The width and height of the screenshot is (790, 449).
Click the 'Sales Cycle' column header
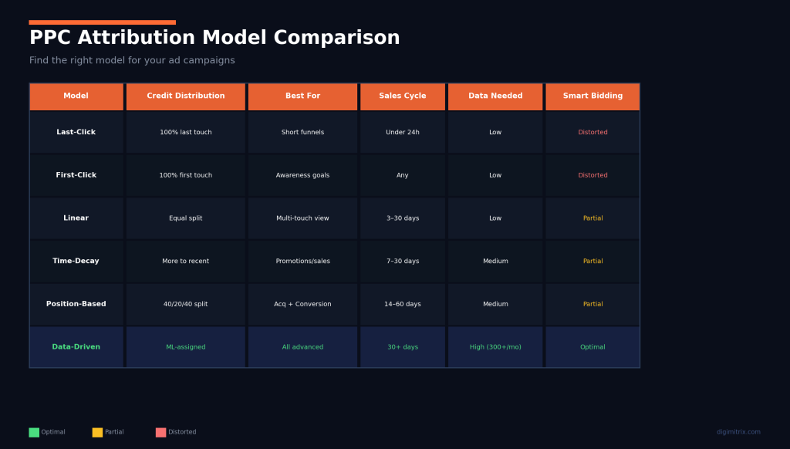click(403, 96)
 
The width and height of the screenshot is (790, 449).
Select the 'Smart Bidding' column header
click(592, 96)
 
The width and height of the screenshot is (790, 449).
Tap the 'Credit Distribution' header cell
click(186, 96)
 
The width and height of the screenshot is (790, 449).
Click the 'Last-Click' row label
click(76, 133)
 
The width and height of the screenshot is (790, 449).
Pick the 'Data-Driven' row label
click(76, 347)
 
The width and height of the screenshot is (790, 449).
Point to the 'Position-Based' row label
click(76, 304)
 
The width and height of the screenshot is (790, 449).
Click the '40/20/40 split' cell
click(186, 304)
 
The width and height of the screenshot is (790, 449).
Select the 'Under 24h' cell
click(403, 133)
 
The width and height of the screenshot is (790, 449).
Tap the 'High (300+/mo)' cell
click(495, 347)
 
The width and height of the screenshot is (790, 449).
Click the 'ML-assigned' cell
click(186, 347)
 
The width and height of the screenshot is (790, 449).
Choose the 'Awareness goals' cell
click(302, 176)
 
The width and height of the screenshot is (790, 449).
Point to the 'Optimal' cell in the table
click(592, 347)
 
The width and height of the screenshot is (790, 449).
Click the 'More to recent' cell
click(186, 262)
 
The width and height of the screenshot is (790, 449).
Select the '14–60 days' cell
click(403, 304)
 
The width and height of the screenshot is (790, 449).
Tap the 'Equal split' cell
click(186, 218)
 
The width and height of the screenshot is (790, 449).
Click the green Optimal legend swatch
click(34, 432)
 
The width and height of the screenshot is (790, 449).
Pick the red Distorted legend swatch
click(160, 432)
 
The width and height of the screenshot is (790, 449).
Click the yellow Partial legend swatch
click(97, 432)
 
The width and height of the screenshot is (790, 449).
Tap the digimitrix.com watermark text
click(738, 432)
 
